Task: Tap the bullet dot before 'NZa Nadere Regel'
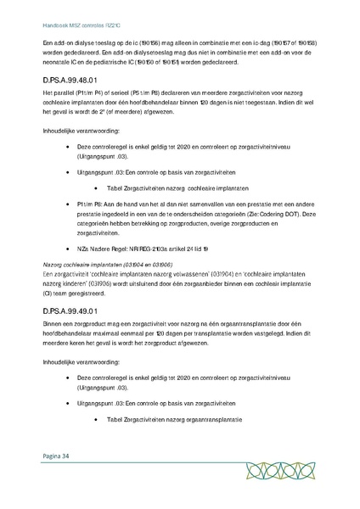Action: pos(80,249)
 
